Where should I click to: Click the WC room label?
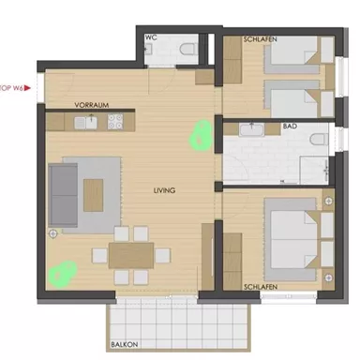click(150, 38)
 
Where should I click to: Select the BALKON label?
click(124, 344)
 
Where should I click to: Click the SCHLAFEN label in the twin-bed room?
click(260, 38)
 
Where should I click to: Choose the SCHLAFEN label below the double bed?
click(260, 288)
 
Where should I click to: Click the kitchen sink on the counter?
click(90, 121)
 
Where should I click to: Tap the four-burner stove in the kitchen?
click(117, 121)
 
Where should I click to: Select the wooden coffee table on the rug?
click(95, 194)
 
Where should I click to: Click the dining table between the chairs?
click(131, 254)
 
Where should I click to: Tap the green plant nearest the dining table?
click(62, 273)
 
